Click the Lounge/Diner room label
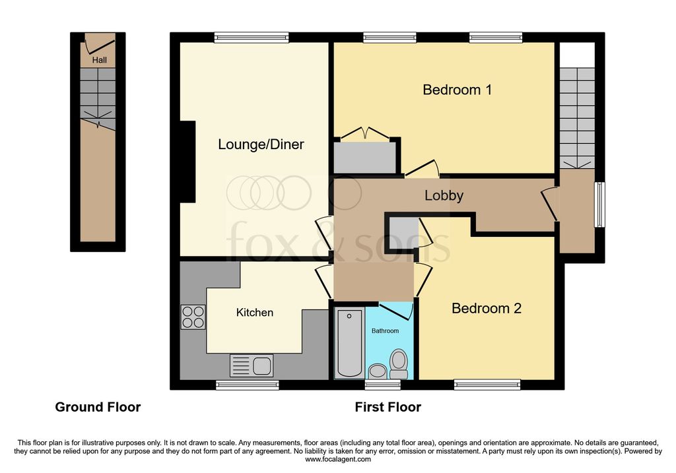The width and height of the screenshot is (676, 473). click(261, 144)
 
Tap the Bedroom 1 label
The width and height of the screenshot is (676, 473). click(457, 90)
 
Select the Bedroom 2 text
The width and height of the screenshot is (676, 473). click(487, 308)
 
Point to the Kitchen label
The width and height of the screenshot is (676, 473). click(254, 312)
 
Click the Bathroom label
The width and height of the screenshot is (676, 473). click(385, 331)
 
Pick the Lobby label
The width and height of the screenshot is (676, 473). click(444, 195)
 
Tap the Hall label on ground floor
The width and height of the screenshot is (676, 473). click(99, 60)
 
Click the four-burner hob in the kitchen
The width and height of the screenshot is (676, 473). click(193, 317)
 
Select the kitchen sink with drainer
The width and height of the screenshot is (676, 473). click(252, 365)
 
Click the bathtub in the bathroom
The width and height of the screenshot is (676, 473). click(349, 342)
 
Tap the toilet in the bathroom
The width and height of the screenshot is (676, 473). click(399, 363)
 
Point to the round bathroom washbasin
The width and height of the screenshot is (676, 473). click(378, 371)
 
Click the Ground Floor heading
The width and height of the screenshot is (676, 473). click(98, 407)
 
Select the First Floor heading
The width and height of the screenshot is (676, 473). click(388, 407)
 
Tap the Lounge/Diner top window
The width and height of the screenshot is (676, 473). click(252, 38)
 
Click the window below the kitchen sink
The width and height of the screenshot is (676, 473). click(248, 385)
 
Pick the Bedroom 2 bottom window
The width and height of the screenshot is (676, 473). click(487, 385)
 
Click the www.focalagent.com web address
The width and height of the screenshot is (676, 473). click(338, 459)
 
